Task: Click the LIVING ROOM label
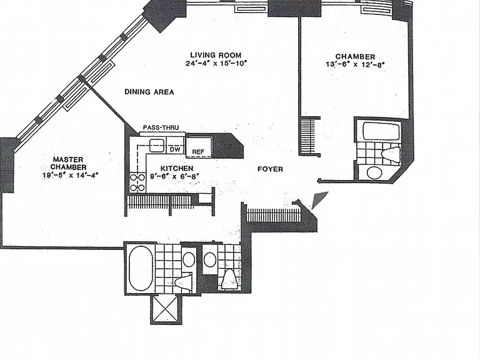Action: pos(216,55)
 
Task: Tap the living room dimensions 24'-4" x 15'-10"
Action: pos(216,63)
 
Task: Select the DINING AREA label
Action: pos(149,92)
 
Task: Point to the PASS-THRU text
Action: pos(161,127)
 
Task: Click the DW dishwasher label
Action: pos(175,149)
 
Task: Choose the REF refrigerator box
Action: pos(199,147)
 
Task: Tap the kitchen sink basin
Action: pos(157,145)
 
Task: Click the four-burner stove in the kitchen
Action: pos(137,182)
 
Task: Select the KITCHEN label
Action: pos(177,168)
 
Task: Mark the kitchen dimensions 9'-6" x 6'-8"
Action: pos(175,176)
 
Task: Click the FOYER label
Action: pos(270,169)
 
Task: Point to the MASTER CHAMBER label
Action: pos(68,163)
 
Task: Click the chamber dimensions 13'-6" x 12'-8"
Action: pos(355,64)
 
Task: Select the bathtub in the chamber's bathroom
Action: pos(381,131)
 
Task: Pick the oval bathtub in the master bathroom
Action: pos(141,269)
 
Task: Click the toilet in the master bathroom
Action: pos(183,281)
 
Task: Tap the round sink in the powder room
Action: pos(210,260)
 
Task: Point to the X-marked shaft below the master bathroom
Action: pos(166,309)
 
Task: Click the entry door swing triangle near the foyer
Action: pos(319,200)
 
